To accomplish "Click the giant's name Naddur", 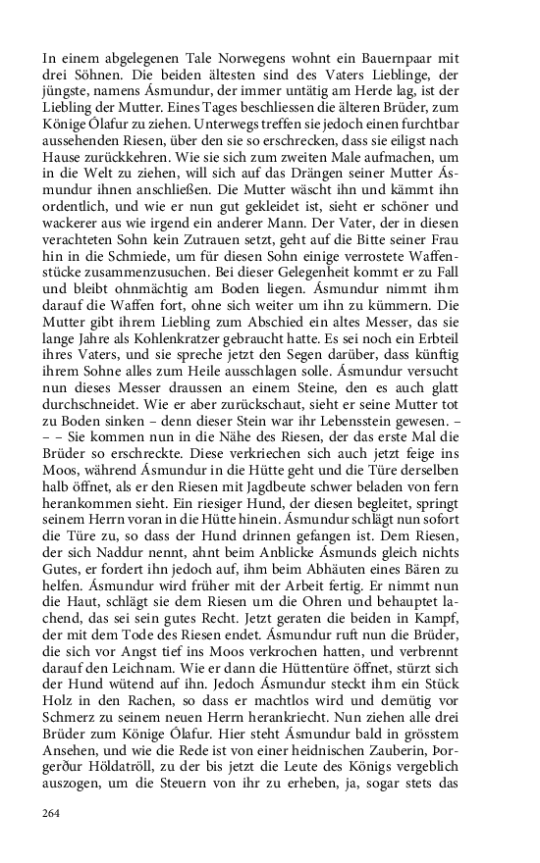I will pyautogui.click(x=133, y=581).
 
